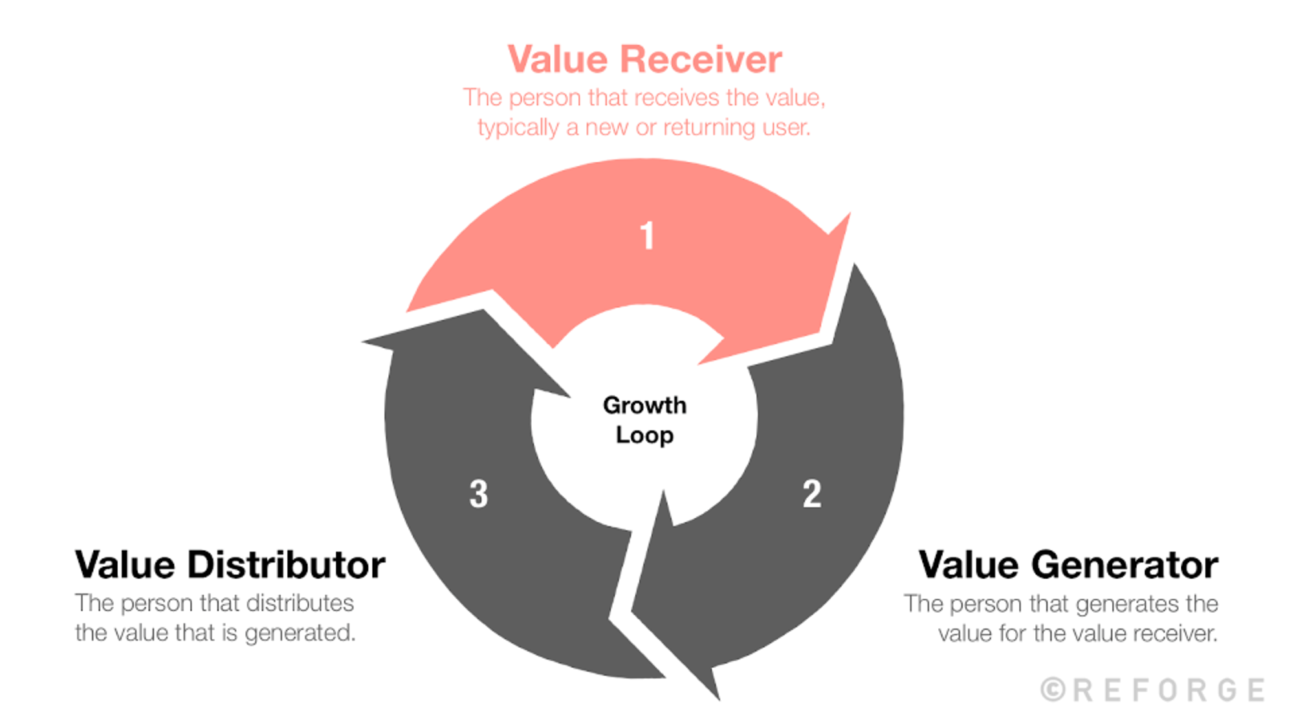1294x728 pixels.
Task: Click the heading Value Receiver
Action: click(644, 60)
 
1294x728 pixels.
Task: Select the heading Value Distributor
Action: click(230, 565)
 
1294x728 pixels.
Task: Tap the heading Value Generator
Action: click(1068, 565)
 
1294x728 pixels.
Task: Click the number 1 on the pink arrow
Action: click(647, 236)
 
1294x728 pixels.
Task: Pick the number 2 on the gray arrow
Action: click(812, 494)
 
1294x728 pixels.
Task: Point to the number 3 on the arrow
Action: click(478, 494)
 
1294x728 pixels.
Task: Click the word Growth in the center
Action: click(644, 406)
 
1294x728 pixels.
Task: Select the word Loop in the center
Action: click(644, 435)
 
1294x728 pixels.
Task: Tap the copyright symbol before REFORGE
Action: click(1053, 690)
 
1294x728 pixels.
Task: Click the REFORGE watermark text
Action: click(1168, 690)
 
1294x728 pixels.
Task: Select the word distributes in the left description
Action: click(300, 603)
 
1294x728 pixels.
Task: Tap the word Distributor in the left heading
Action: click(287, 565)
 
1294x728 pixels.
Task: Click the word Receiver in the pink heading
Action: click(701, 60)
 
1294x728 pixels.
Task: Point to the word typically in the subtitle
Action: click(518, 127)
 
